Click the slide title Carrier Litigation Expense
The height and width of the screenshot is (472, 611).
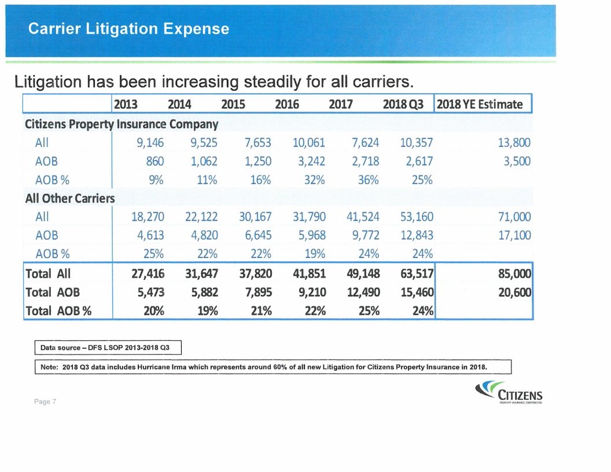130,29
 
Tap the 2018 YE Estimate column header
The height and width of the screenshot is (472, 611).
480,105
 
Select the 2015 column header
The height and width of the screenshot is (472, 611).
234,105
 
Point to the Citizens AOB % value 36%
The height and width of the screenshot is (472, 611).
368,179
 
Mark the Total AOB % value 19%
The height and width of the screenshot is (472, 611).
205,311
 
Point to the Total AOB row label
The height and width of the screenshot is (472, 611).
53,292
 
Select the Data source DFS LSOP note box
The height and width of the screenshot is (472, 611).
109,348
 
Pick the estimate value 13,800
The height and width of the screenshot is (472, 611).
513,142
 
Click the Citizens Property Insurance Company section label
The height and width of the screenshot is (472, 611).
122,124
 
